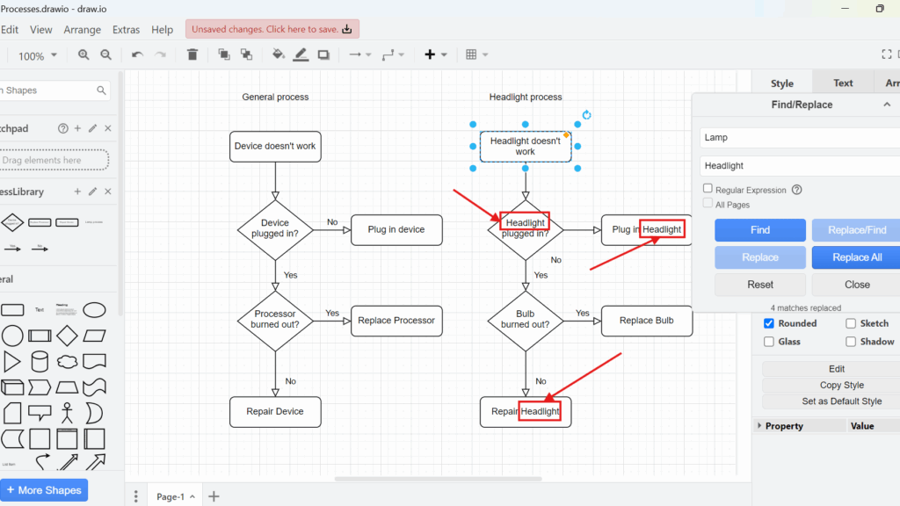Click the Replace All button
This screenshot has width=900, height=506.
(854, 257)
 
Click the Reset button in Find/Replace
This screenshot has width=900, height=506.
(760, 285)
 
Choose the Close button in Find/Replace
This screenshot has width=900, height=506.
(856, 285)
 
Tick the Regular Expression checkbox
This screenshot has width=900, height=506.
(708, 189)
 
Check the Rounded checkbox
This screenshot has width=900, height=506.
(769, 323)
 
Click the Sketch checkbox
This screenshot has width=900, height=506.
(851, 323)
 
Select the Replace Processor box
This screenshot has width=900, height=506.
(396, 321)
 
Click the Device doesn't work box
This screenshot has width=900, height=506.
(275, 146)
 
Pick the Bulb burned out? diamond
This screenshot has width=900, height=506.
(526, 320)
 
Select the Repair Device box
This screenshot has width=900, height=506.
(275, 411)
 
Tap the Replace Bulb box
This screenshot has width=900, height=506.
(647, 321)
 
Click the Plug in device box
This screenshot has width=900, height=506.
(396, 229)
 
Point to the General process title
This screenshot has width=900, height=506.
(275, 97)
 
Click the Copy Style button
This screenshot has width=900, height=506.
(842, 385)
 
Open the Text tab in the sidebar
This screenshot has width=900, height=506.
(843, 83)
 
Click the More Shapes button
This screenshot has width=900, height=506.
(44, 490)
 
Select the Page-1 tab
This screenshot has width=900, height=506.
(171, 496)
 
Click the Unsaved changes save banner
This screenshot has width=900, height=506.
(272, 29)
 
